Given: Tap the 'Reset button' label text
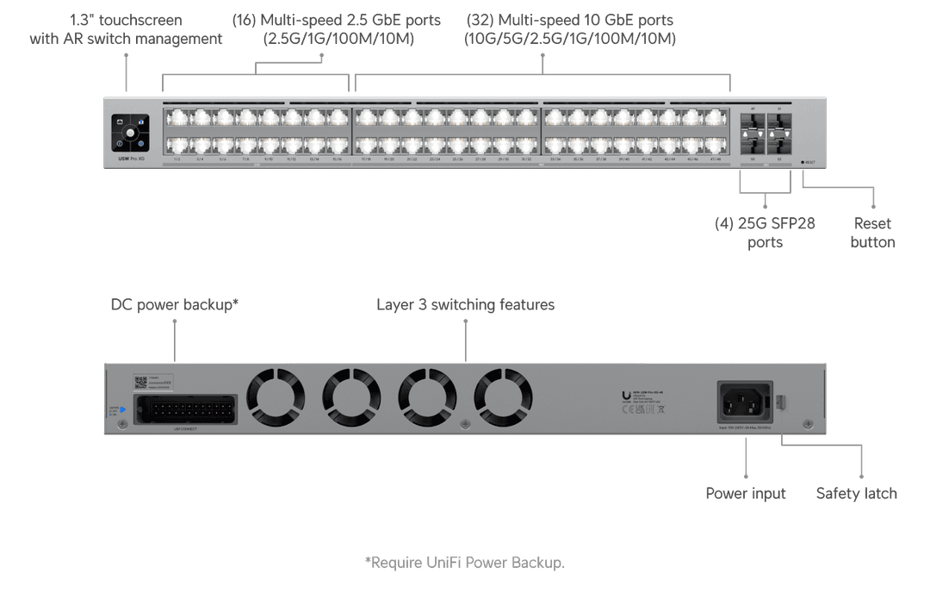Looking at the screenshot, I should (871, 233).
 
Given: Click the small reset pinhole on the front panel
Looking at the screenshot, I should (802, 161).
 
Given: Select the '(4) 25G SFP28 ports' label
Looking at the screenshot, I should (765, 233).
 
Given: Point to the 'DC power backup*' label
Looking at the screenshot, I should (174, 305).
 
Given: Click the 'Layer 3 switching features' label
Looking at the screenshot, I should (465, 305).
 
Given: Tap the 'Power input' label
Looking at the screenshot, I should (746, 494).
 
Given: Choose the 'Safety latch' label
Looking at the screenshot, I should (856, 494).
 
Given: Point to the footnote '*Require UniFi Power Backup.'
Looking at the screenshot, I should (465, 563).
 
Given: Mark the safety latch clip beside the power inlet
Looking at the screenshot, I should (782, 402).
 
